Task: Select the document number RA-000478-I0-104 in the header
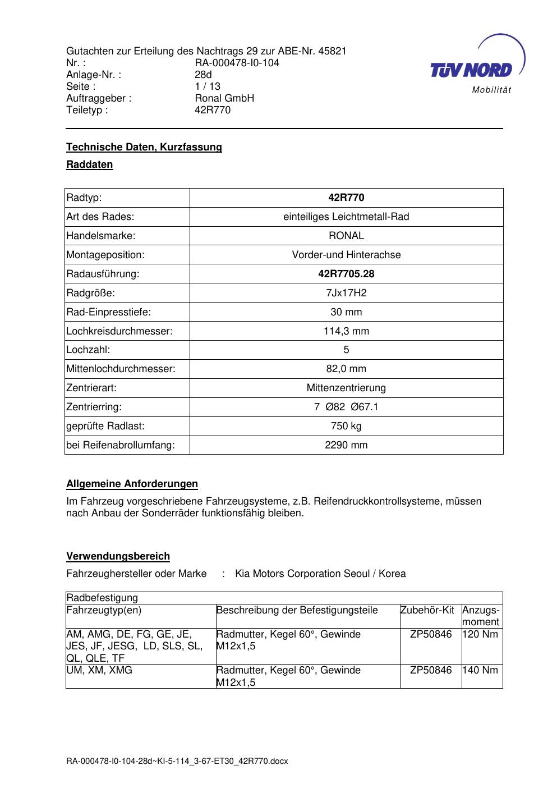pos(237,63)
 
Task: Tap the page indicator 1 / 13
pos(208,86)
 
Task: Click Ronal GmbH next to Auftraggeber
pos(224,98)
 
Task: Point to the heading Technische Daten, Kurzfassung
pos(144,147)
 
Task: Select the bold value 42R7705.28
pos(346,274)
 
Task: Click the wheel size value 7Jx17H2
pos(346,293)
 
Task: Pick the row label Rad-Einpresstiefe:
pos(109,312)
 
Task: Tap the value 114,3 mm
pos(346,331)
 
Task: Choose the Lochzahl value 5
pos(346,350)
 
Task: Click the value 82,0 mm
pos(346,369)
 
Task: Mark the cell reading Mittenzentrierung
pos(346,388)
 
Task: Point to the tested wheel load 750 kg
pos(346,426)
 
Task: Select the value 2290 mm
pos(346,445)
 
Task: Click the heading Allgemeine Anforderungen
pos(132,484)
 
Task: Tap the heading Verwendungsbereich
pos(118,556)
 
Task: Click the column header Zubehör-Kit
pos(427,610)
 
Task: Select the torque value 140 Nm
pos(480,670)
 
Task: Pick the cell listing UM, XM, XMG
pos(99,670)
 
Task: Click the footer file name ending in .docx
pos(177,761)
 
